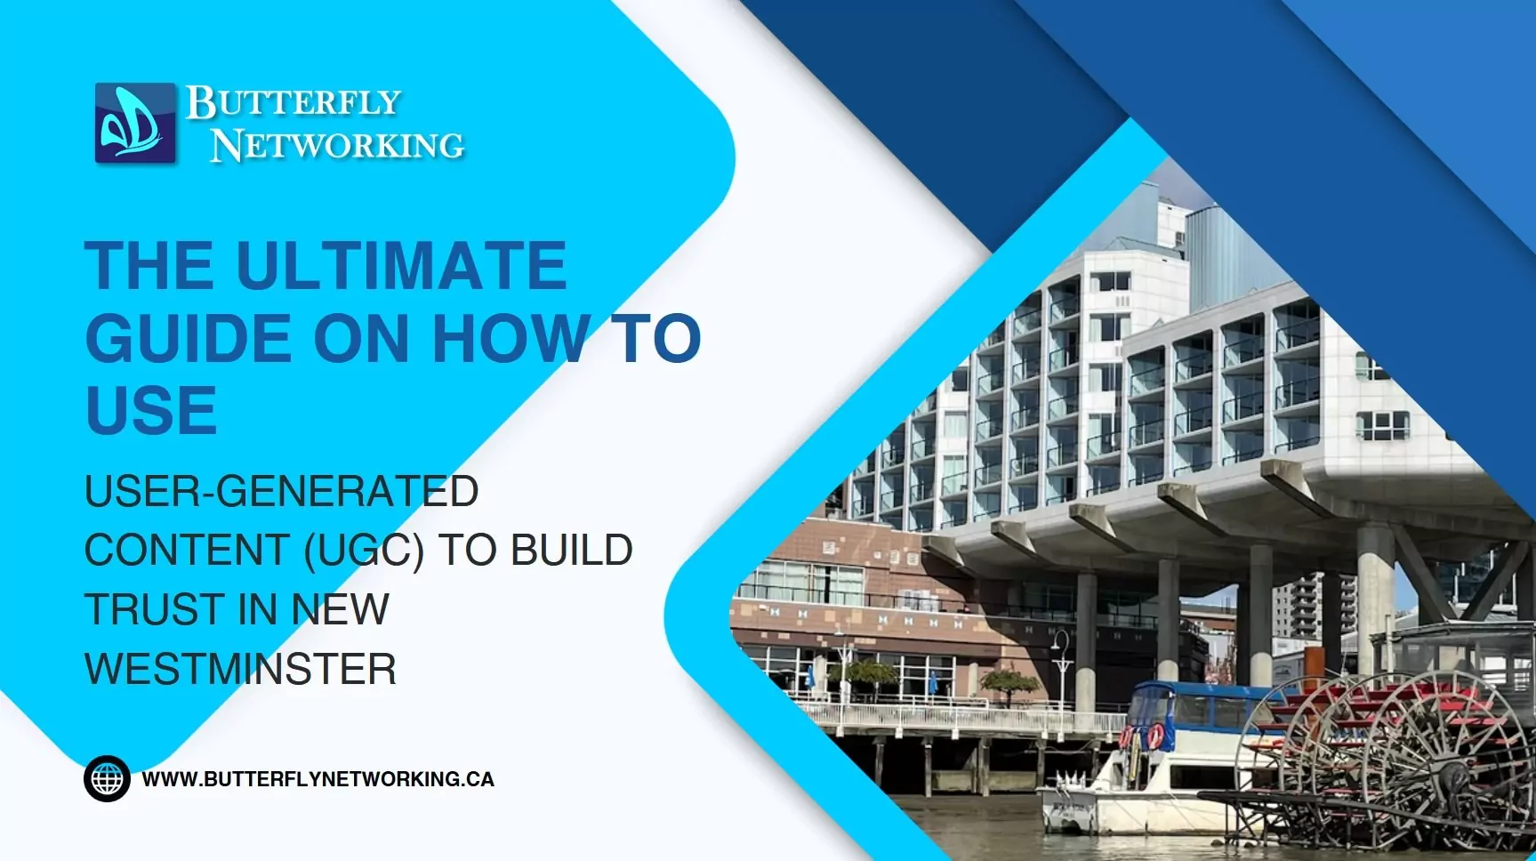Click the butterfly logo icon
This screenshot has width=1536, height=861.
(136, 123)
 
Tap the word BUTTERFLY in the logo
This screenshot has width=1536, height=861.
(294, 103)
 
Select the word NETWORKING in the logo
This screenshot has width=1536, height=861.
(337, 145)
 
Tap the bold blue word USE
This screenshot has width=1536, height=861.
(151, 410)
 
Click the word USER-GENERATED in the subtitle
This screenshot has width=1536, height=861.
(282, 491)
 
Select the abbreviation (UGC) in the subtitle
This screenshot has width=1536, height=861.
(363, 551)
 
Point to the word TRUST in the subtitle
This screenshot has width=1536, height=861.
(154, 610)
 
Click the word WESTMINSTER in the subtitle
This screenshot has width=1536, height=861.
(240, 669)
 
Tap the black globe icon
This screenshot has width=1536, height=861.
(107, 779)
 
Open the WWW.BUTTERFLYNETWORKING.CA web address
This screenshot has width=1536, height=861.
(318, 779)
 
